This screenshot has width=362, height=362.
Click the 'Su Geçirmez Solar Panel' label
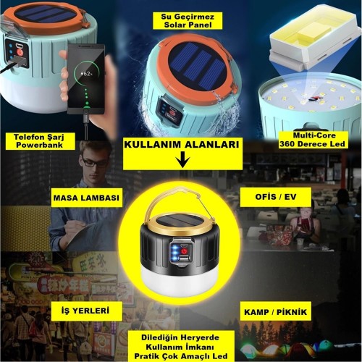point(188,21)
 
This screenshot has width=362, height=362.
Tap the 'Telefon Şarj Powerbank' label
point(39,141)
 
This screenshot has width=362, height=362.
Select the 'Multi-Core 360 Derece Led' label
point(313,140)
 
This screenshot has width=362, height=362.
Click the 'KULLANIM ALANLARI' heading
point(182,145)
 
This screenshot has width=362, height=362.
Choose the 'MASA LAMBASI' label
point(86,198)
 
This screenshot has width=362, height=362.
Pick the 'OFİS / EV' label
point(276,197)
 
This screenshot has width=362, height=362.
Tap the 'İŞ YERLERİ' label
point(85,311)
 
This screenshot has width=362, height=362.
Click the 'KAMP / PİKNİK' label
point(275,312)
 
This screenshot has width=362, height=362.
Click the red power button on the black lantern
point(185,251)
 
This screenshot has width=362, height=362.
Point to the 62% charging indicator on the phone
point(87,73)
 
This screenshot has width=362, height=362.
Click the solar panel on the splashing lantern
point(194,67)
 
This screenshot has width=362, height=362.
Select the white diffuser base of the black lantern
point(180,280)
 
